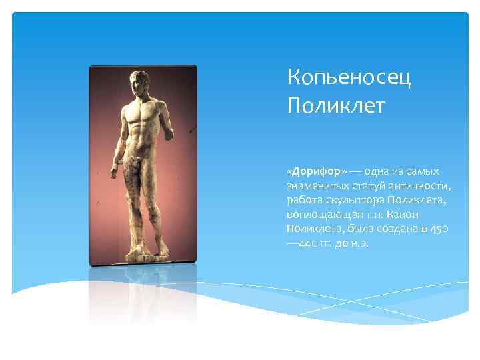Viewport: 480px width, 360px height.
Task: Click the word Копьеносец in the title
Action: [x=349, y=79]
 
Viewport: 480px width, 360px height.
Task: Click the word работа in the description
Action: [x=303, y=199]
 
